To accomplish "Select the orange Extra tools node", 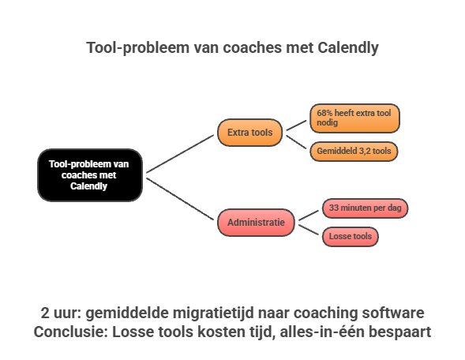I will click(x=249, y=133).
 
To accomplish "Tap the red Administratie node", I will click(x=257, y=223).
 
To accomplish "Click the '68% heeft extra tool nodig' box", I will click(x=354, y=118).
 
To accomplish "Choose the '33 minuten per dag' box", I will click(x=366, y=208).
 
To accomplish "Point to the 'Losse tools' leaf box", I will click(x=350, y=235).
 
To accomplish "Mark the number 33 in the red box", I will click(x=332, y=208).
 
